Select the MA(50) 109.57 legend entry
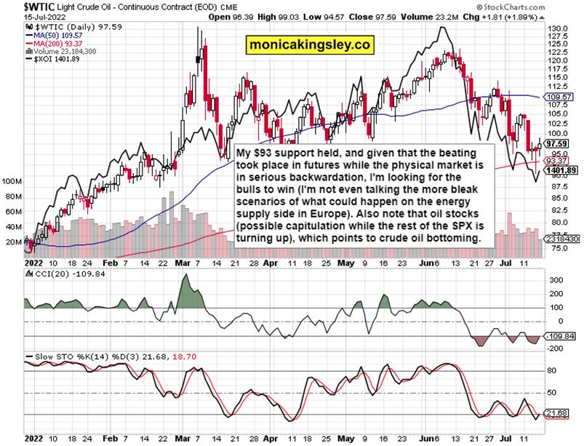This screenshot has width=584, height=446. click(x=54, y=33)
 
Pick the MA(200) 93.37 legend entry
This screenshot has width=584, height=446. click(x=55, y=42)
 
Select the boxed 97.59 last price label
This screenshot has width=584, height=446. click(x=561, y=144)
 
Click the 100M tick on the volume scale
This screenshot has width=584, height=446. click(x=12, y=179)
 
